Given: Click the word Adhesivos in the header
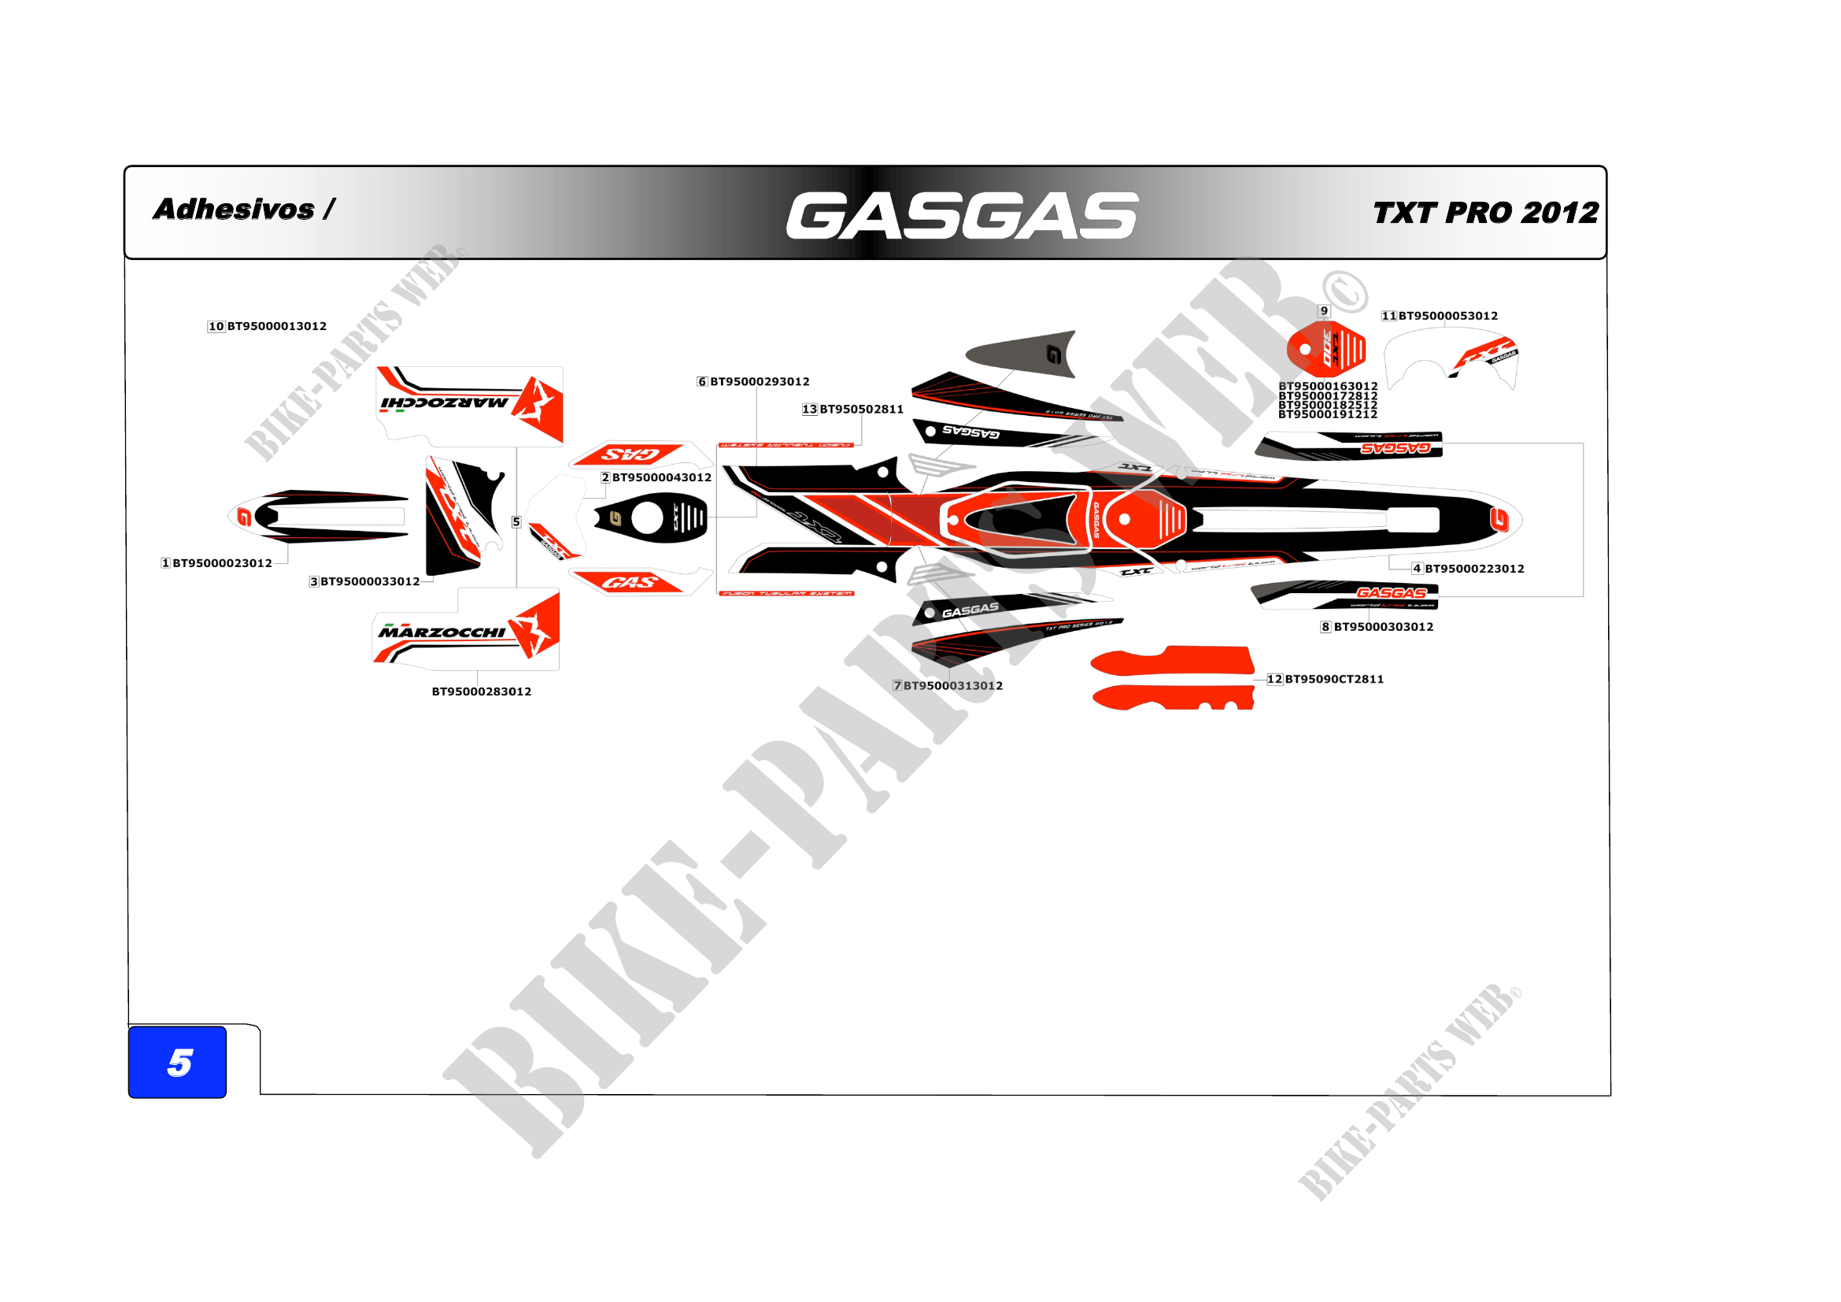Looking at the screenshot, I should pos(234,210).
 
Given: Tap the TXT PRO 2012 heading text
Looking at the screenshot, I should pos(1485,213).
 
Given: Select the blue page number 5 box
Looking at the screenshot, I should pos(177,1061).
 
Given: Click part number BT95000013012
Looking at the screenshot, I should pos(276,327).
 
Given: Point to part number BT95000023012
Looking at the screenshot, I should pos(222,563).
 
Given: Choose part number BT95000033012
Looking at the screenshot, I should pos(370,581).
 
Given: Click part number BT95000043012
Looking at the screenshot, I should pos(661,477).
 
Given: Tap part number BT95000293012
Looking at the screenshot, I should pos(760,382).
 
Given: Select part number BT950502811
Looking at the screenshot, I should pos(861,409).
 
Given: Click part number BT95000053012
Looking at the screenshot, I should pos(1448,316).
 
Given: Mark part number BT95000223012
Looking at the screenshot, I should pos(1473,569).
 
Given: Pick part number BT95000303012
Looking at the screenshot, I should pos(1383,627).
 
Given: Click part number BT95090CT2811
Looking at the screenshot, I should pos(1334,680).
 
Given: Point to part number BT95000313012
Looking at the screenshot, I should pos(952,686).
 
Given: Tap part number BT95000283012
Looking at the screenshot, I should pos(481,692).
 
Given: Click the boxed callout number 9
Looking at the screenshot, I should pos(1324,311).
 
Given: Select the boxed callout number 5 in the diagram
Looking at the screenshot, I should pos(516,522).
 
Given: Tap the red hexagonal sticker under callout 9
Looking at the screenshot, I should pos(1326,349).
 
